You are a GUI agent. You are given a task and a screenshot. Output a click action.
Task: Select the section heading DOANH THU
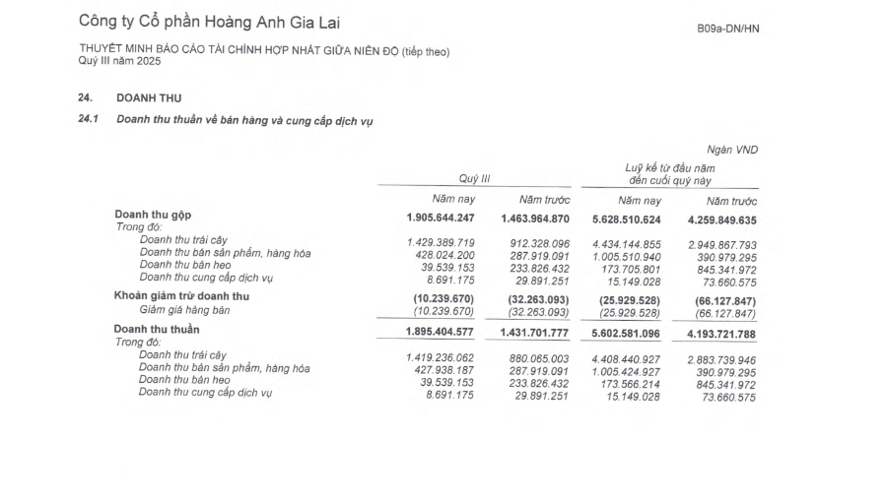pyautogui.click(x=149, y=97)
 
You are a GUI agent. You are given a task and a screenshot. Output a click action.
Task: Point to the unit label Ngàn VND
pyautogui.click(x=734, y=149)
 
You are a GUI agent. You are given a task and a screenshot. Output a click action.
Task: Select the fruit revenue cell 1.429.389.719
pyautogui.click(x=441, y=241)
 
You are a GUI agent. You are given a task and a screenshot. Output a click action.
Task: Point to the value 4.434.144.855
pyautogui.click(x=627, y=241)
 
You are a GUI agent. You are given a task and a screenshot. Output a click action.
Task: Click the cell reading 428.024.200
pyautogui.click(x=441, y=253)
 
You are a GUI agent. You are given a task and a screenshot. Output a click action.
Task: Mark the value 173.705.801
pyautogui.click(x=631, y=265)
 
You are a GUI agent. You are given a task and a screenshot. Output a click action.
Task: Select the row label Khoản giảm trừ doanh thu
pyautogui.click(x=181, y=296)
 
